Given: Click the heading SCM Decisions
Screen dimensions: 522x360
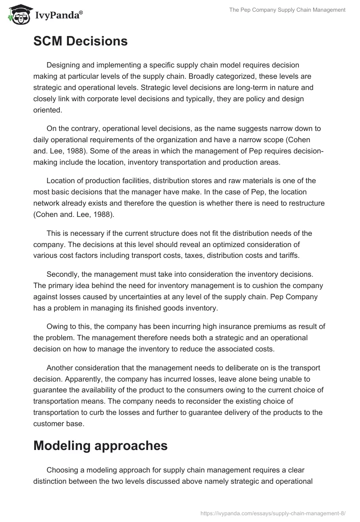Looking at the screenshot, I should [x=81, y=41].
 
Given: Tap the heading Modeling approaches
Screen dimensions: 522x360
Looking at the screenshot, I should [x=100, y=446].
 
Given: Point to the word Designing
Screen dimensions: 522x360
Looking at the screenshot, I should [x=64, y=66].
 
